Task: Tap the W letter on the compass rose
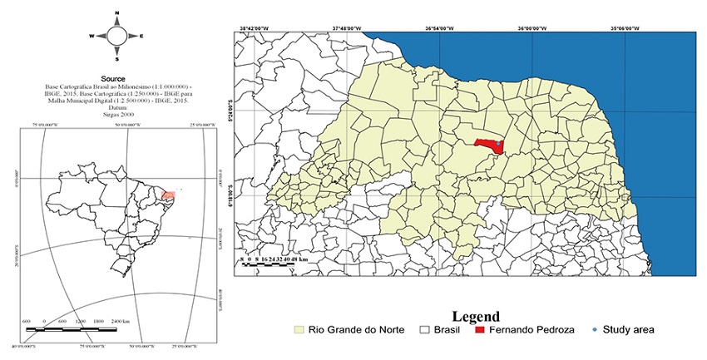click(x=91, y=37)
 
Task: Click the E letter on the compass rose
click(x=142, y=37)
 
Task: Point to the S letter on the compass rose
click(x=117, y=59)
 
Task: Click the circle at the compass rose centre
click(x=117, y=37)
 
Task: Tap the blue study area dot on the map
click(x=497, y=144)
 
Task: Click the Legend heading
click(x=476, y=316)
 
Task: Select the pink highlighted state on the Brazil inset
click(x=168, y=195)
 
